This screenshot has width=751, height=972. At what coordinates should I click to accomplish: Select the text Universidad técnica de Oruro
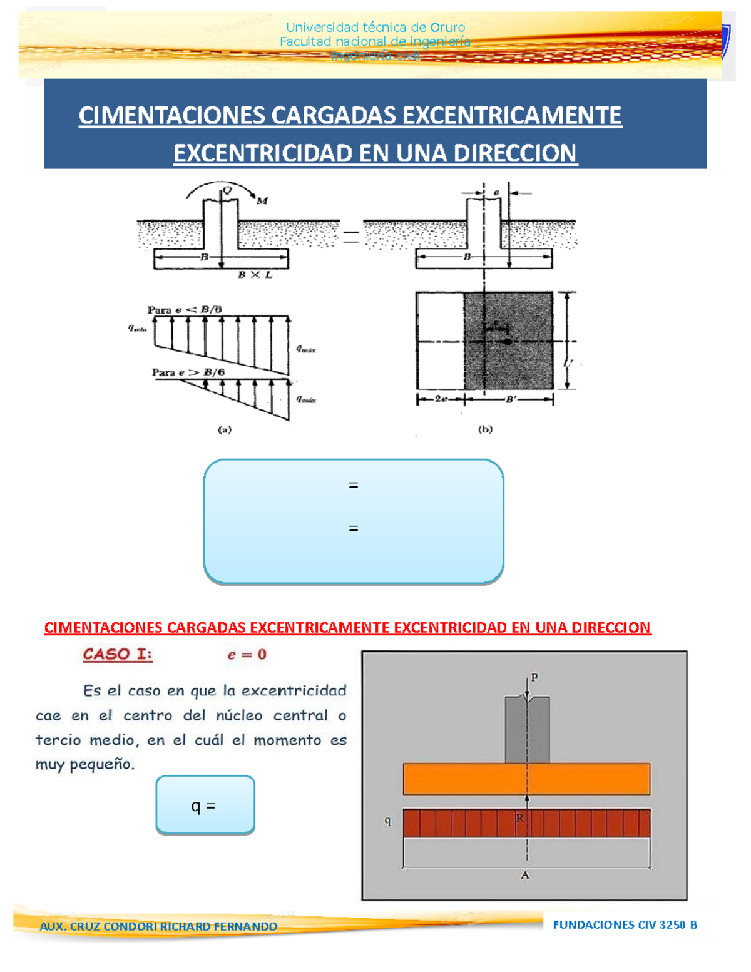pos(375,28)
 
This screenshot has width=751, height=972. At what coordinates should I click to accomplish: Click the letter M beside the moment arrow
pos(262,201)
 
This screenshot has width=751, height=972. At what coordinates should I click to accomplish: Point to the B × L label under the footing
pos(255,275)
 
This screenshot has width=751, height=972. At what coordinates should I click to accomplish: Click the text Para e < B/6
pos(184,310)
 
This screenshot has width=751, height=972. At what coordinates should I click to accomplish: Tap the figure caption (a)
pos(224,429)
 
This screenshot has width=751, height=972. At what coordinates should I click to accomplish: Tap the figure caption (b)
pos(485,429)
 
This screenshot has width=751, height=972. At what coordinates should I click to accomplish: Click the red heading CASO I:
pos(118,655)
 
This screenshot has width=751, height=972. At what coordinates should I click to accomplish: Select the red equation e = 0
pos(247,655)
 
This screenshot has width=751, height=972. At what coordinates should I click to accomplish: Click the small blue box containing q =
pos(205,805)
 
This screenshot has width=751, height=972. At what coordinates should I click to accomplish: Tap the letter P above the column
pos(534,677)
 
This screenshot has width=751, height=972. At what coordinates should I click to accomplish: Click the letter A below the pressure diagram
pos(525,876)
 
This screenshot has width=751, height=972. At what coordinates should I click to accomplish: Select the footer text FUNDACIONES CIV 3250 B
pos(625,924)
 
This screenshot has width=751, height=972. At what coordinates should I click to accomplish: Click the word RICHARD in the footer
pos(186,926)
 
